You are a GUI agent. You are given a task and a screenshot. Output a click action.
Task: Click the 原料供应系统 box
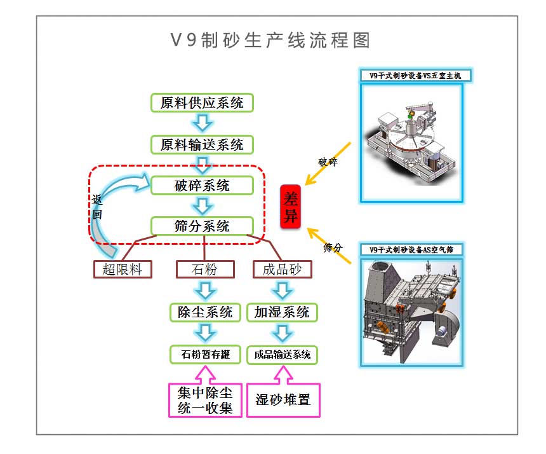click(x=202, y=103)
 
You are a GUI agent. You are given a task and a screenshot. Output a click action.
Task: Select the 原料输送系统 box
click(x=202, y=145)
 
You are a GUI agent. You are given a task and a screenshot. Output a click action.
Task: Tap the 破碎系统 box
click(x=202, y=186)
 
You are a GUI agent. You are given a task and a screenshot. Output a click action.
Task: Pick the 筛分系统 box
click(x=202, y=226)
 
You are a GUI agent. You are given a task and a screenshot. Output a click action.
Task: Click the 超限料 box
click(x=123, y=269)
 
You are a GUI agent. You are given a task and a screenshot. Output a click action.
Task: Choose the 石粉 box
click(x=205, y=269)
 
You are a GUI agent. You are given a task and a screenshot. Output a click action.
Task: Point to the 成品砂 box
click(x=282, y=269)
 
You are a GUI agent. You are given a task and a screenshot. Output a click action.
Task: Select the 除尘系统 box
click(x=205, y=312)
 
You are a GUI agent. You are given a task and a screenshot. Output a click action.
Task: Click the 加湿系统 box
click(x=282, y=312)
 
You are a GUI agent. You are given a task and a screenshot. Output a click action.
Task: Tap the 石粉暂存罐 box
click(x=205, y=355)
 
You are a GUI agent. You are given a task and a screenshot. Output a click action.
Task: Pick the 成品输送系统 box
click(x=282, y=355)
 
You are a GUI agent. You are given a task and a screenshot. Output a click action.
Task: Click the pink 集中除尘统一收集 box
click(x=205, y=400)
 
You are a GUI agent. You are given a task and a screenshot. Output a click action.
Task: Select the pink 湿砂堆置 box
click(x=283, y=400)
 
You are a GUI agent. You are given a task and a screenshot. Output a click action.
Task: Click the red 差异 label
click(x=290, y=207)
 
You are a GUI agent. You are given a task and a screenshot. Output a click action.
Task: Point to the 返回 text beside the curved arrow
click(x=97, y=207)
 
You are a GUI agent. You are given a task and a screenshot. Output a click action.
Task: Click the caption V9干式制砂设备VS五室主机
click(x=415, y=76)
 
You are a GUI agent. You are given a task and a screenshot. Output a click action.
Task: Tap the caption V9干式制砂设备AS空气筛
click(x=411, y=250)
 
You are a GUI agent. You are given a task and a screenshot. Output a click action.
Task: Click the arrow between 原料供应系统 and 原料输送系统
click(x=203, y=123)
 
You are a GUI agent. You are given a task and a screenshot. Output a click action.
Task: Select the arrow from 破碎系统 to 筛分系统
click(x=203, y=206)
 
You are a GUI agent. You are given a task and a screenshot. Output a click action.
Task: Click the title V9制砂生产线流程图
click(x=270, y=40)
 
